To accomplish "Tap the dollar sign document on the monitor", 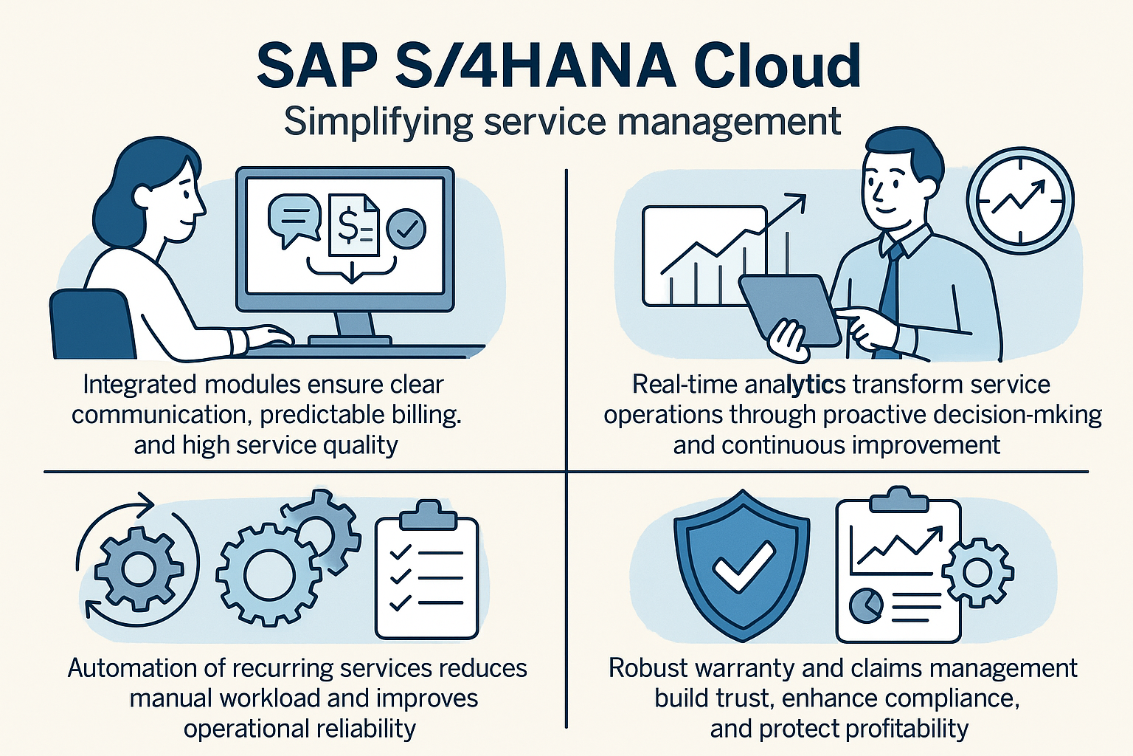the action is point(353,225).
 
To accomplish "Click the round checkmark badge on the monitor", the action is point(406,229).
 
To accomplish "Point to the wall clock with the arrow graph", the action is point(1020,201).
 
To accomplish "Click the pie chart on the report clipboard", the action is point(865,605).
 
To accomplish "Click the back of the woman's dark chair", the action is point(91,324).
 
